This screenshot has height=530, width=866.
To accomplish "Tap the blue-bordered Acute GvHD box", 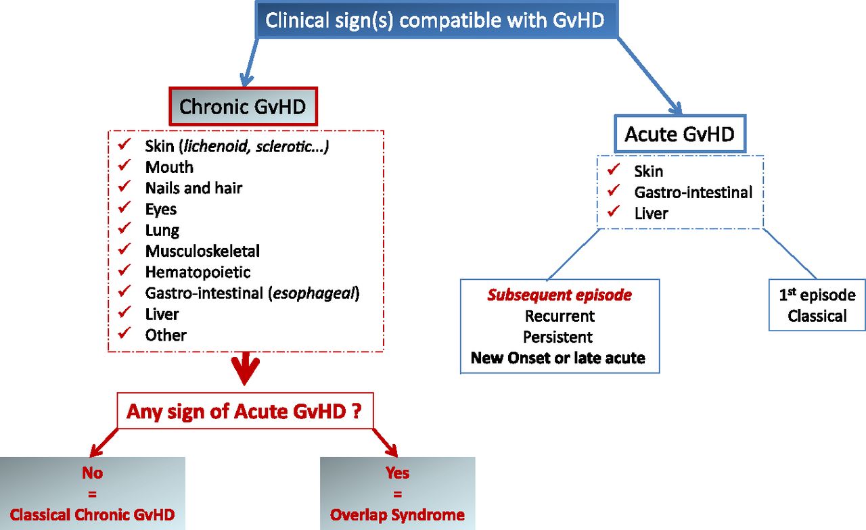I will click(679, 134).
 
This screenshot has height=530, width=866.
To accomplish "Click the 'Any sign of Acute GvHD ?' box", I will click(245, 410).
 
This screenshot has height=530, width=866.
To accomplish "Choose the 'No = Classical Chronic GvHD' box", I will click(92, 493).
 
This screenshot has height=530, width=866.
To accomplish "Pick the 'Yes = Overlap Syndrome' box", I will click(397, 493).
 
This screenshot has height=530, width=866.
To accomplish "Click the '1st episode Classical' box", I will click(817, 305).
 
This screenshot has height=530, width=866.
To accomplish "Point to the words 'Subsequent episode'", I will click(559, 295).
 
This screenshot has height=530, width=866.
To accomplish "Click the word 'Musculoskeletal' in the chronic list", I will click(202, 251).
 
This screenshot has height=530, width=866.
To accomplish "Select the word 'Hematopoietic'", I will click(198, 272).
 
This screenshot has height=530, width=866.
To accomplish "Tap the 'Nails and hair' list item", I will click(193, 188).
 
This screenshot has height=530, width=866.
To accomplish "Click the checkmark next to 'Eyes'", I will click(124, 208).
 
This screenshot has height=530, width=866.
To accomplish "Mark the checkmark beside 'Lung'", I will click(124, 229).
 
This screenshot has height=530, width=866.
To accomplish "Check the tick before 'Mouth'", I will click(124, 166).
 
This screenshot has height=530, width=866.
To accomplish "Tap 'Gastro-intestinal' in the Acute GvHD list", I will click(693, 193).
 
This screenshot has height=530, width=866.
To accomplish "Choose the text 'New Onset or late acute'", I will click(558, 358).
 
